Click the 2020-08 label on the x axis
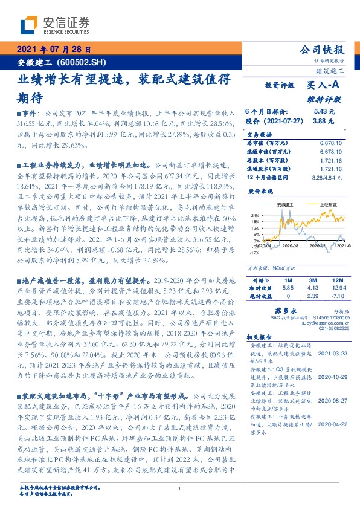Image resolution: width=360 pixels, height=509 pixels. (291, 246)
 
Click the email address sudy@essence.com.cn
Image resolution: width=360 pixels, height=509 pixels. (327, 323)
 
